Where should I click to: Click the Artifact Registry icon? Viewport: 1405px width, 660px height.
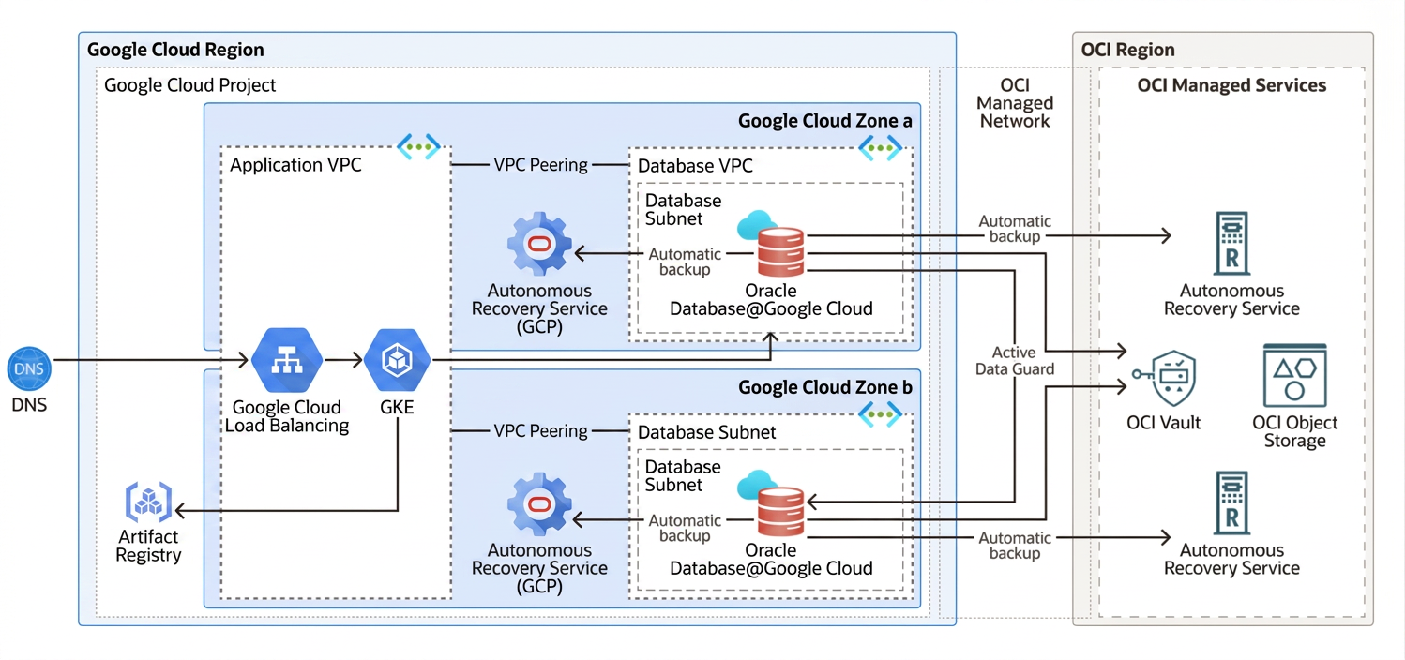point(148,502)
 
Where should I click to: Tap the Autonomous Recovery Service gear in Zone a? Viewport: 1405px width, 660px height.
point(539,246)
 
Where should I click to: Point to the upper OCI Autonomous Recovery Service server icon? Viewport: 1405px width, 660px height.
point(1231,243)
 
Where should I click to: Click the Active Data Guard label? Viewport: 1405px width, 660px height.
point(1014,361)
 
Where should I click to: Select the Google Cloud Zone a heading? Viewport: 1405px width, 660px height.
point(824,120)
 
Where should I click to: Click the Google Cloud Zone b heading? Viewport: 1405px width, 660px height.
point(824,387)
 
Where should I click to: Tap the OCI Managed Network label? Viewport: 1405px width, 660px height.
point(1015,103)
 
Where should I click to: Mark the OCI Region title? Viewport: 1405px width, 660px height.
point(1127,50)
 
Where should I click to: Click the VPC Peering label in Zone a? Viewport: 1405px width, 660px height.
point(540,165)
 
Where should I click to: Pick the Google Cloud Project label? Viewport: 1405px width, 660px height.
point(190,85)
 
